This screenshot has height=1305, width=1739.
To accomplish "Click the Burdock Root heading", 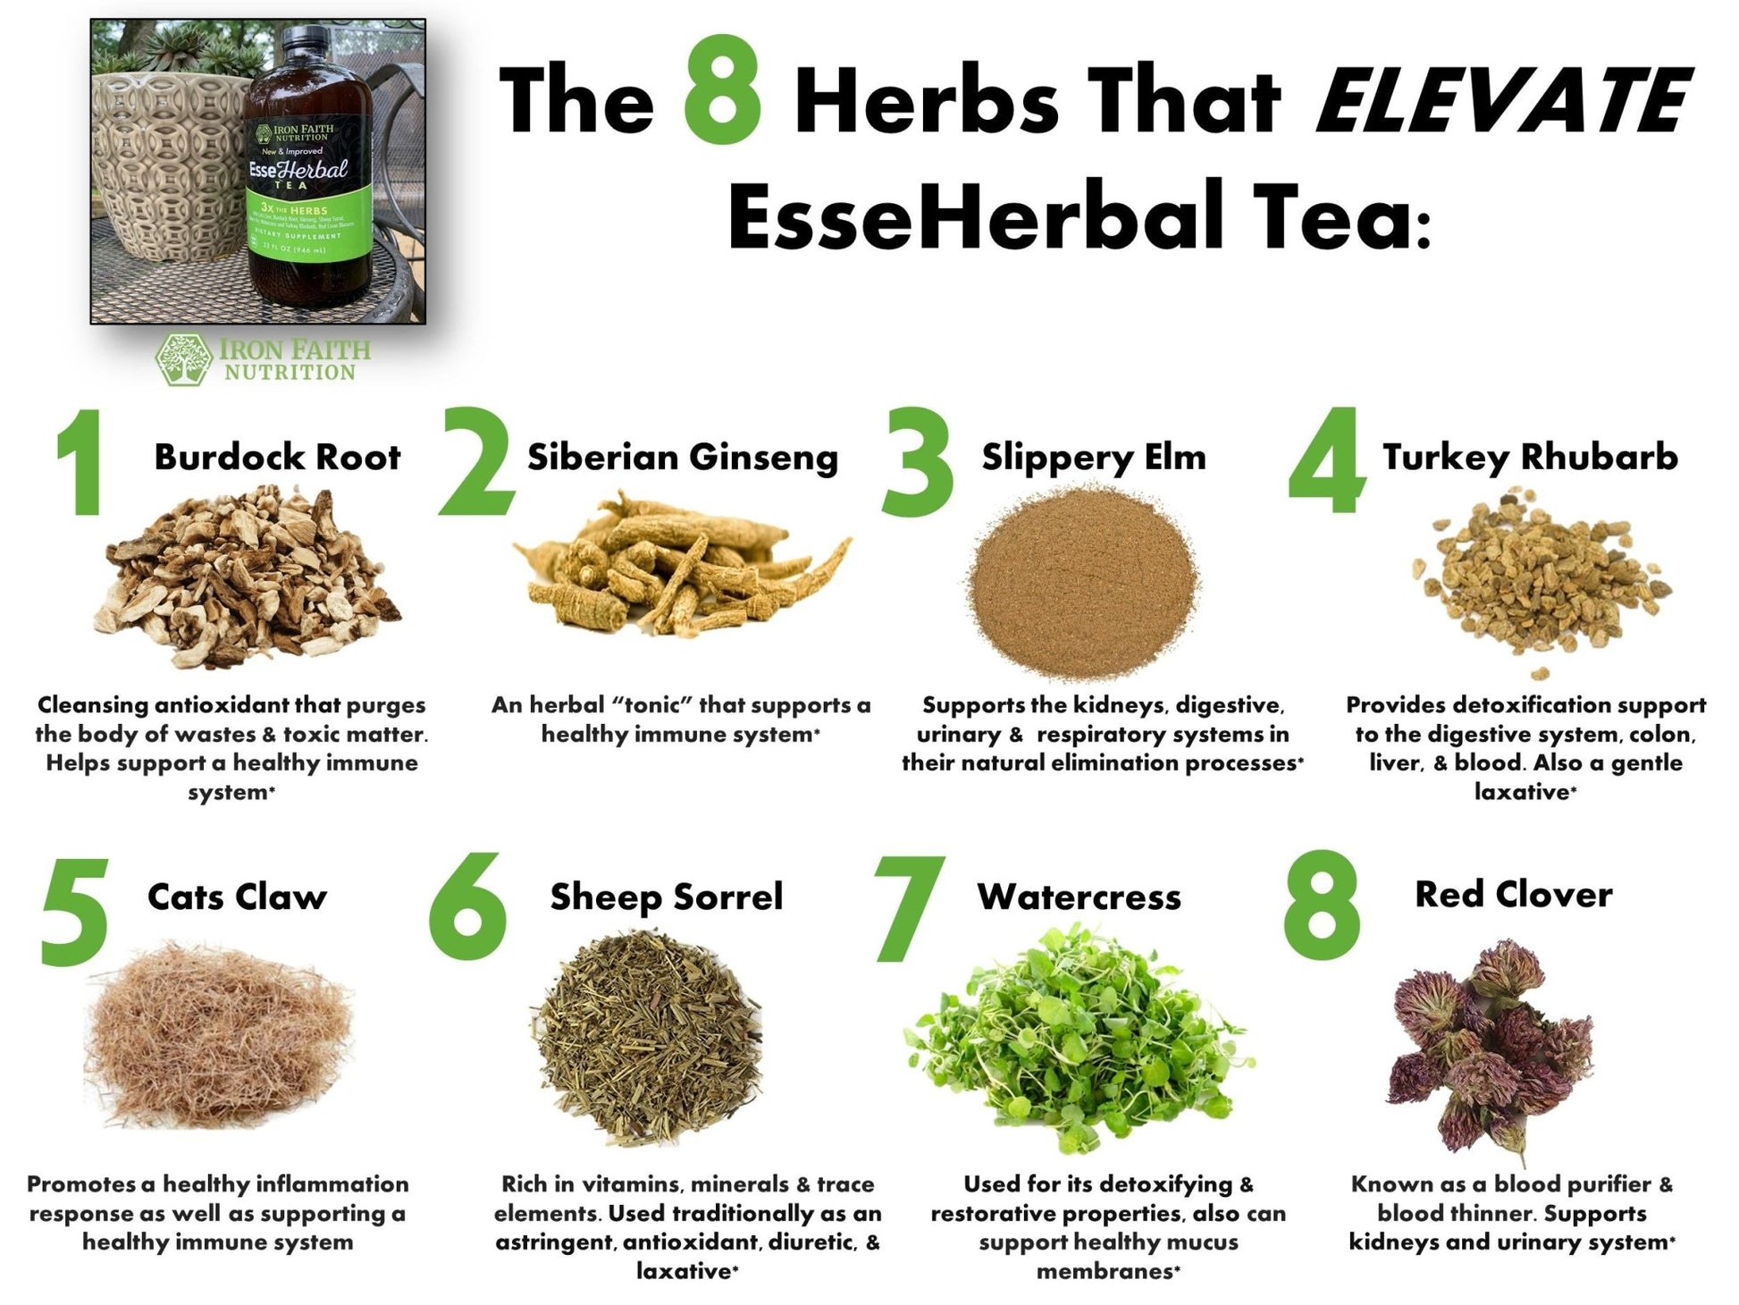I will [x=277, y=457].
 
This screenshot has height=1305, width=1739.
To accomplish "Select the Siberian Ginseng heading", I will [x=683, y=457].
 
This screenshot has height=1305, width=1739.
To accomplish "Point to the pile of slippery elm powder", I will [x=1083, y=581].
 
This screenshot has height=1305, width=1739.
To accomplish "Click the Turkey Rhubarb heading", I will [x=1530, y=457].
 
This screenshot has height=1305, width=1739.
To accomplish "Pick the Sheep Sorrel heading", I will [x=667, y=897].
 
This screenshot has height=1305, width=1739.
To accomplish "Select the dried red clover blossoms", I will [x=1489, y=1046].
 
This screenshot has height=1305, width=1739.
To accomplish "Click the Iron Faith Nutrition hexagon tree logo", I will [x=184, y=360].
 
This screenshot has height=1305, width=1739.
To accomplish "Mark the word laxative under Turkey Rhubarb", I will [x=1522, y=792].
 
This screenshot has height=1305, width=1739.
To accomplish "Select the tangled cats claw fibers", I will [x=219, y=1037].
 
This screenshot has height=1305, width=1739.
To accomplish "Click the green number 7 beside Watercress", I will [x=909, y=910].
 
